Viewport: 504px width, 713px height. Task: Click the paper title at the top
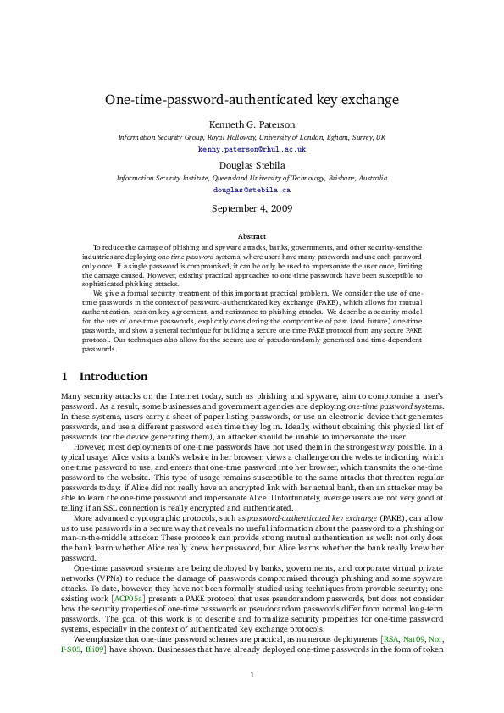pos(252,100)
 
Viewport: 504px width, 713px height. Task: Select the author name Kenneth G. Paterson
pos(252,124)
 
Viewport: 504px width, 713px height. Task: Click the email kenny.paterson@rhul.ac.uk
pos(252,148)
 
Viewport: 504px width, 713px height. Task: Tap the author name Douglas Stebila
pos(252,166)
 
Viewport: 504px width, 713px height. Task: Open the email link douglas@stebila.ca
pos(252,191)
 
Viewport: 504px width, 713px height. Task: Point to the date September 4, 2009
pos(252,208)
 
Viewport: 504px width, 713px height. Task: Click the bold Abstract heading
pos(252,236)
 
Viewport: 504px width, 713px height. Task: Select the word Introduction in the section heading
pos(113,376)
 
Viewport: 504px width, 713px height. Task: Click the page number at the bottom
pos(252,675)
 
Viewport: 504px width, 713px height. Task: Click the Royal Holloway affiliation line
pos(252,137)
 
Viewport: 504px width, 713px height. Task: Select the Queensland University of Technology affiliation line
pos(252,179)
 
